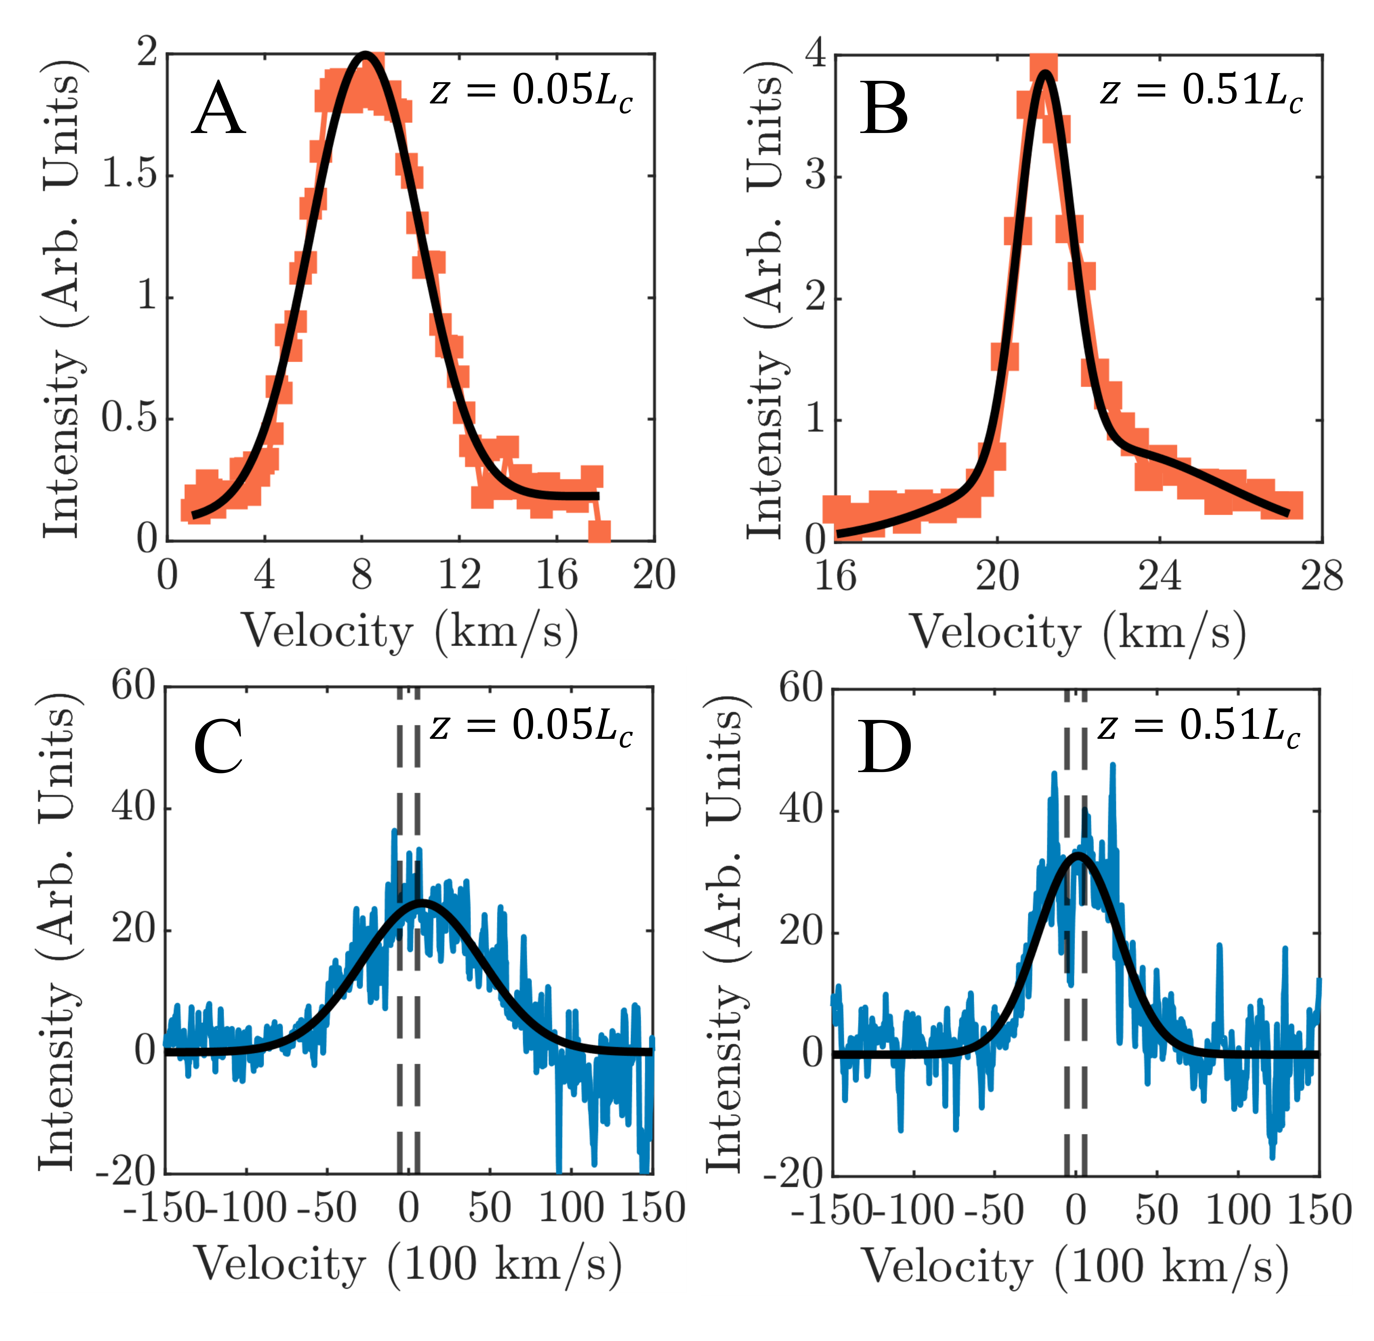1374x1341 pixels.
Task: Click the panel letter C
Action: pos(218,747)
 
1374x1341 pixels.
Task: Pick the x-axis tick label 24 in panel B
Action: pos(1159,576)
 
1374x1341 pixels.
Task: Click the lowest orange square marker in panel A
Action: pos(599,532)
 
